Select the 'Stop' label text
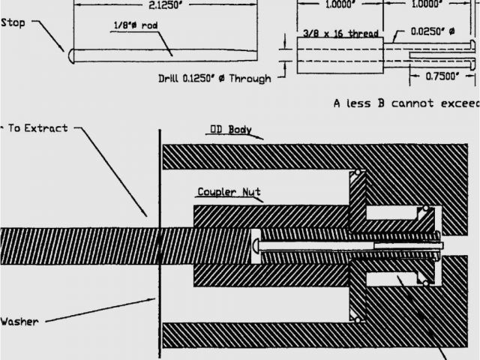tap(13, 22)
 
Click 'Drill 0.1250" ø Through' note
tap(214, 77)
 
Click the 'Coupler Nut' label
tap(229, 193)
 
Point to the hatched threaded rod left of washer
tap(75, 244)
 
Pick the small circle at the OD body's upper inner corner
tap(358, 174)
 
